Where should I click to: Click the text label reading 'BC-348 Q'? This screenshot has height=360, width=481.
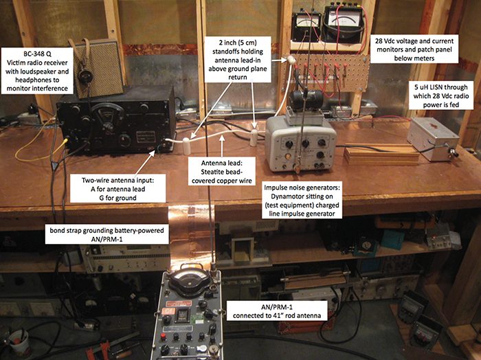click(37, 54)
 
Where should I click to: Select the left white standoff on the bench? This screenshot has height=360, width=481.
click(186, 146)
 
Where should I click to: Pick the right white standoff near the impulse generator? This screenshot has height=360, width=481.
click(254, 137)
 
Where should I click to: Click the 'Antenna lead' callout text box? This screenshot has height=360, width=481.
click(222, 172)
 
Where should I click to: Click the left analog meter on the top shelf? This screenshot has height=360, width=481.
click(306, 27)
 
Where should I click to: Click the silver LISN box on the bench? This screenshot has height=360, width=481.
click(433, 139)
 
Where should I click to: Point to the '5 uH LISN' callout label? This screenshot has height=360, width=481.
click(441, 96)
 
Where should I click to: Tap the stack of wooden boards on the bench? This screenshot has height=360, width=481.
click(381, 155)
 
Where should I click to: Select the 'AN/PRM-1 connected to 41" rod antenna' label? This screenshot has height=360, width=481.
click(277, 311)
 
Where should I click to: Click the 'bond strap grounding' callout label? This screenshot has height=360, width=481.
click(107, 234)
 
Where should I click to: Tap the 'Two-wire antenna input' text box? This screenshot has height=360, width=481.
click(118, 189)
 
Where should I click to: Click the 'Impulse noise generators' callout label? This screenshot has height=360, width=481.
click(302, 200)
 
